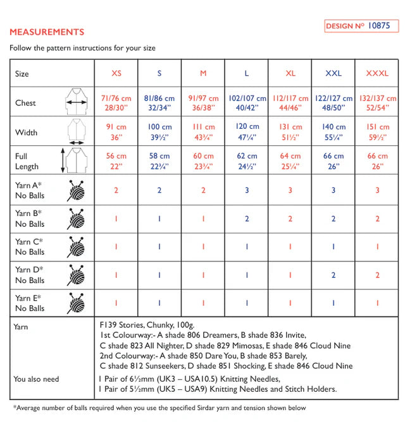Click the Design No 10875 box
click(x=361, y=26)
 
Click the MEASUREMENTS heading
click(x=47, y=32)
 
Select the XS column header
click(x=116, y=73)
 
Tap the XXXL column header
click(x=377, y=73)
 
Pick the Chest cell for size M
click(x=203, y=103)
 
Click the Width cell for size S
click(x=159, y=132)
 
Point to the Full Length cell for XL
click(x=290, y=161)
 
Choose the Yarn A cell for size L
click(x=246, y=190)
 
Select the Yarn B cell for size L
click(x=246, y=219)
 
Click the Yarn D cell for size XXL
click(x=333, y=275)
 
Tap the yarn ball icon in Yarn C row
click(x=75, y=246)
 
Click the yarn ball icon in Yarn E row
click(x=75, y=303)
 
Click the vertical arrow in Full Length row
click(x=63, y=161)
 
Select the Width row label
click(x=26, y=132)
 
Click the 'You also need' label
click(x=36, y=379)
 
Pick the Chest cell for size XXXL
click(x=377, y=103)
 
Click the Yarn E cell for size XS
click(x=116, y=303)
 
